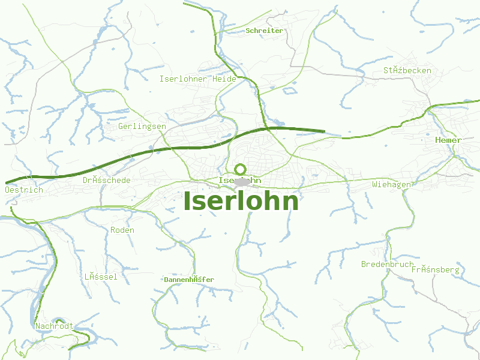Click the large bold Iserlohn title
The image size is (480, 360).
point(241,202)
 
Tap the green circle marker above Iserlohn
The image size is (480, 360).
point(240,169)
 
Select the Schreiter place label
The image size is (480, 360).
point(264,31)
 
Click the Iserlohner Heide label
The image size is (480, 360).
point(197,79)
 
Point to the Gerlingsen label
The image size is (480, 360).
point(142,127)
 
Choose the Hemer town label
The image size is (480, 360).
point(448,140)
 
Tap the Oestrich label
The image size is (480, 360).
point(23,190)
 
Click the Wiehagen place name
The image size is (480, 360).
point(391,184)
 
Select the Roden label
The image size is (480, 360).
point(122,230)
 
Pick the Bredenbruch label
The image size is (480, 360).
point(387,264)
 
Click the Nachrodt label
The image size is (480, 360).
point(53,326)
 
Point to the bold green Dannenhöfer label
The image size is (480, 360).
point(188,280)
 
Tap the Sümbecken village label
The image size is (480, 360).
point(407,70)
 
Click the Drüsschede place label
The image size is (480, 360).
point(106,180)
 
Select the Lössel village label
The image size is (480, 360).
point(100,277)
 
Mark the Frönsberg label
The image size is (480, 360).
point(435,269)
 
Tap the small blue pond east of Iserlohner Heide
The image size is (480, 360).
point(289,91)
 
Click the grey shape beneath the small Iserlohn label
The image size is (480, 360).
point(242,182)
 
